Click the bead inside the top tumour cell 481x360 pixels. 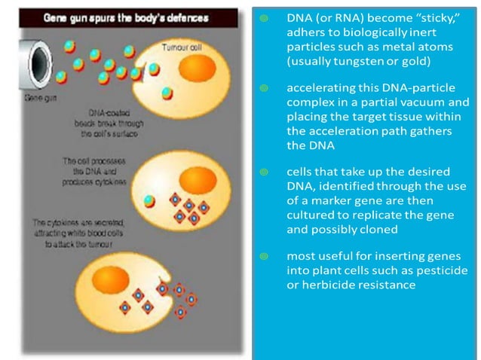167,93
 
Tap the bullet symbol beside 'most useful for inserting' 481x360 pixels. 263,258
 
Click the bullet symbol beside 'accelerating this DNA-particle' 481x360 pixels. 263,89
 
